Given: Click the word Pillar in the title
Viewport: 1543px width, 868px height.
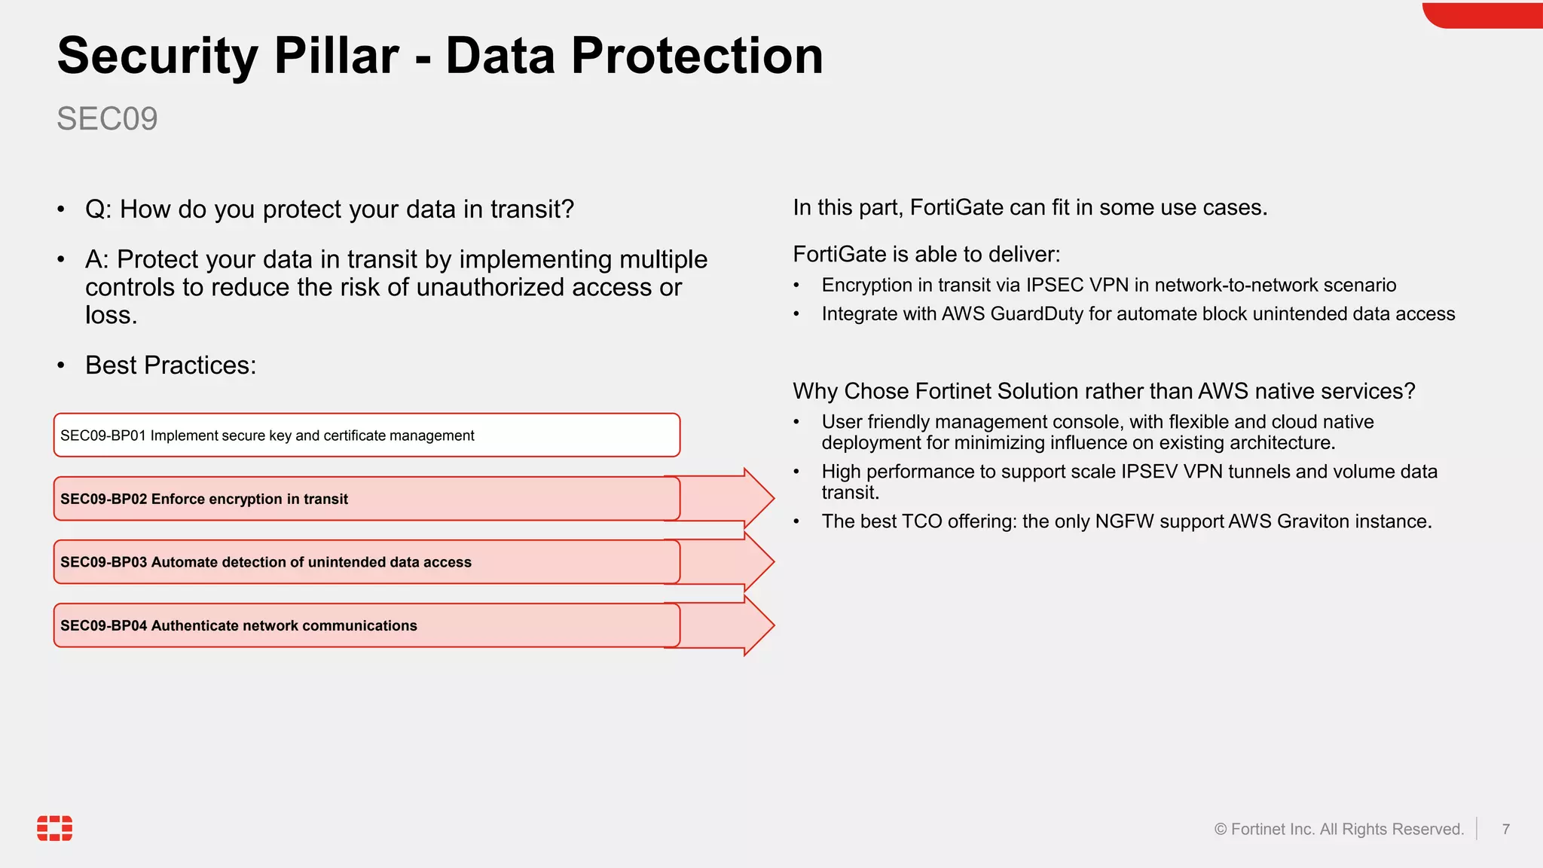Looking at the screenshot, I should click(x=336, y=56).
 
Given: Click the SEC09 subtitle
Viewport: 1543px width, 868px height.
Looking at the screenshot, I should click(x=107, y=119).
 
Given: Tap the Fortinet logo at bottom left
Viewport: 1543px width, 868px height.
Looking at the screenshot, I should click(x=55, y=827).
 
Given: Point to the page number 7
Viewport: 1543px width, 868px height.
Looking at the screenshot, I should click(x=1505, y=829).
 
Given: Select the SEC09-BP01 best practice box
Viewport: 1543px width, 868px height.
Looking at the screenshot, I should click(x=366, y=436).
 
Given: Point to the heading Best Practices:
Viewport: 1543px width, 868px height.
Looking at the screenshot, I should click(x=170, y=365).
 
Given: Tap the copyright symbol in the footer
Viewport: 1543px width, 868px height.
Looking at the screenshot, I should click(x=1220, y=830).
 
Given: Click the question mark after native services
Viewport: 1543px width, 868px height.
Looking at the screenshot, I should click(x=1409, y=391).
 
